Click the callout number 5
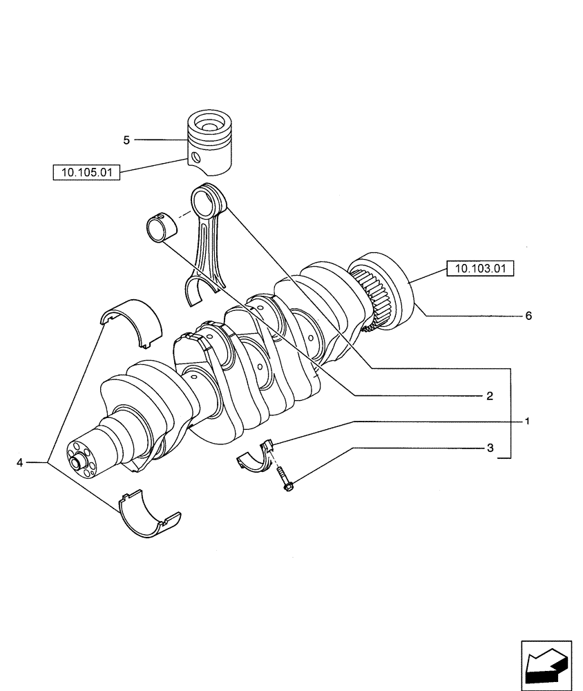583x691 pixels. pos(126,140)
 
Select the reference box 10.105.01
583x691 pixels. pos(86,172)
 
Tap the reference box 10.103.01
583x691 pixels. pos(481,268)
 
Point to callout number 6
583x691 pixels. pos(528,316)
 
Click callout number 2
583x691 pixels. pos(488,396)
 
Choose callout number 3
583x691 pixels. pos(489,448)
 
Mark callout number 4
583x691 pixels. pos(20,462)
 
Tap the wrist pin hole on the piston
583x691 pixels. pos(198,158)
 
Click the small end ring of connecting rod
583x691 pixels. pos(209,201)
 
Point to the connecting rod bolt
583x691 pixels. pos(285,479)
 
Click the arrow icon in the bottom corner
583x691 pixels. pos(544,664)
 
